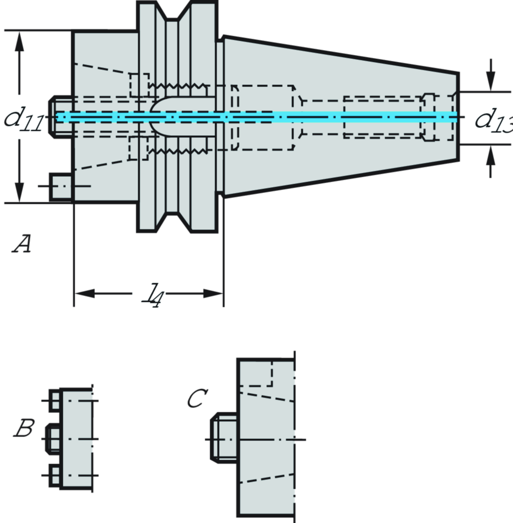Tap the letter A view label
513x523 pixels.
click(21, 244)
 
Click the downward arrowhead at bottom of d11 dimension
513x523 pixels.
click(19, 192)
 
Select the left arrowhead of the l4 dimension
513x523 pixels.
click(85, 294)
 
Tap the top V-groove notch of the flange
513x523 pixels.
click(174, 15)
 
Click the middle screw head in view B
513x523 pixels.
click(54, 438)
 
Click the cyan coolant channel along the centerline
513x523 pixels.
click(255, 117)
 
